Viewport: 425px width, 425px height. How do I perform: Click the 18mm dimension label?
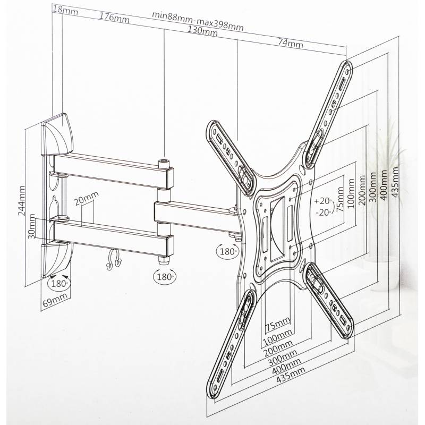coord(65,10)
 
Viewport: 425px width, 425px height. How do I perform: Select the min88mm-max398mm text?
coord(198,21)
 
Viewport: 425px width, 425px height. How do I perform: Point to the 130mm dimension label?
coord(203,31)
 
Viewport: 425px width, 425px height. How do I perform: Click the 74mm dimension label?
coord(290,43)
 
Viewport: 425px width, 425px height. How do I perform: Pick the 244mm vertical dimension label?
coord(21,201)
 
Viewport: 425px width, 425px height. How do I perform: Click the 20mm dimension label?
coord(87,199)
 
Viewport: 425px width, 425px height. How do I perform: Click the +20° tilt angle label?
coord(323,201)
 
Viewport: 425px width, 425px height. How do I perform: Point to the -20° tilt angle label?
coord(324,212)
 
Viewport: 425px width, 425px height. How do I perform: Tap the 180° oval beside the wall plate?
coord(59,284)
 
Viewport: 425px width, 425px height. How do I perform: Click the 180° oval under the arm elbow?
coord(165,277)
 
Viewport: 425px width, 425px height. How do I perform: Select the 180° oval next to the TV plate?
coord(228,251)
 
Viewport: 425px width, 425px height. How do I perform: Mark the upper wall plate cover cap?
coord(57,135)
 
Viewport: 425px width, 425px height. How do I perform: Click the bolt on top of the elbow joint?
coord(164,164)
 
